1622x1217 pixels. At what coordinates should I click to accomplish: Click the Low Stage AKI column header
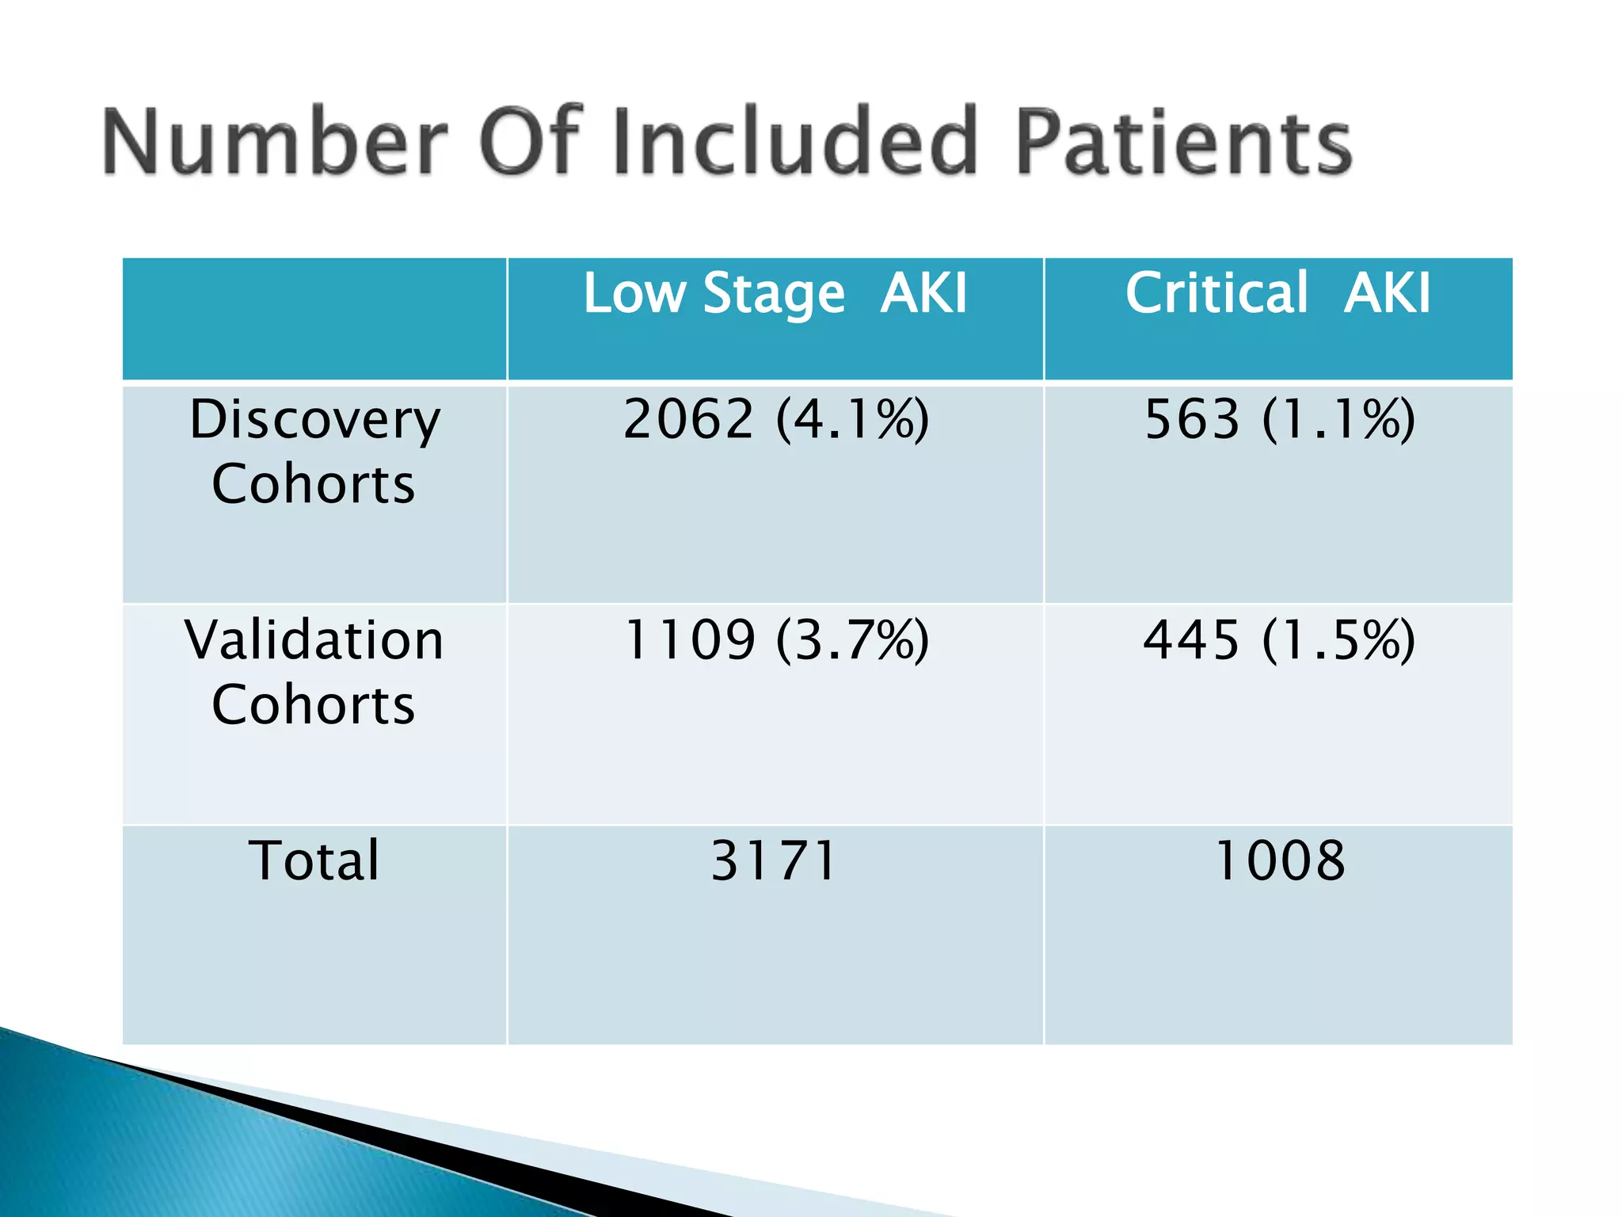775,294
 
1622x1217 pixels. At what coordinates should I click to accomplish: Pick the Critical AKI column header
1277,294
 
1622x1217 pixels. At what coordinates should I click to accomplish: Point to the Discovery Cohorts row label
314,451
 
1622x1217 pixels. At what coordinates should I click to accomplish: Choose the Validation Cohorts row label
314,672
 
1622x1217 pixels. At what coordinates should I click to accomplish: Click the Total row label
314,860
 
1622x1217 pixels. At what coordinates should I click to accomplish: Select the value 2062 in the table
688,419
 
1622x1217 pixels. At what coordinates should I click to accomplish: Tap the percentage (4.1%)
852,419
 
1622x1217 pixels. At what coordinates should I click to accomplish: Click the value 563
1192,419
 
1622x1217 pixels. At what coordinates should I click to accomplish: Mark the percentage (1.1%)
1338,419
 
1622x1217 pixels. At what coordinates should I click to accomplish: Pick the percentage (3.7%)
852,640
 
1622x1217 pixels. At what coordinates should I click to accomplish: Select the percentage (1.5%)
1338,640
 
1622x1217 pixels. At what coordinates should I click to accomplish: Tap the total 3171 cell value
774,860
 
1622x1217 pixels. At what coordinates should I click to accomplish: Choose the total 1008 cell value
1279,860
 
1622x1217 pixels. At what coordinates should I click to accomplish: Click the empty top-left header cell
314,319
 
